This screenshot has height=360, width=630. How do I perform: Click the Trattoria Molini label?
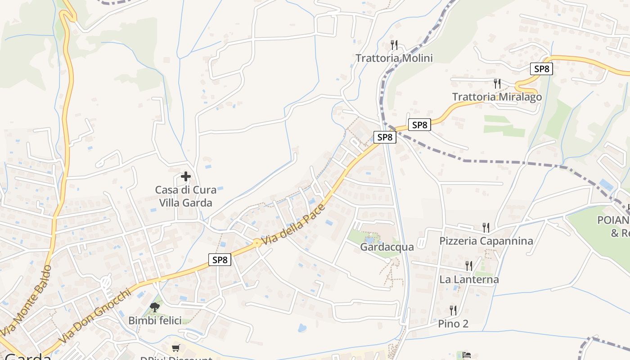coord(394,58)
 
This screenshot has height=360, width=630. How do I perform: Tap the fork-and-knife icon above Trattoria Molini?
coord(394,45)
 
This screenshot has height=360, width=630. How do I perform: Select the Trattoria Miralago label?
coord(497,97)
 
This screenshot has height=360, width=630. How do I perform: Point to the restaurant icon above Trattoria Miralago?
coord(497,83)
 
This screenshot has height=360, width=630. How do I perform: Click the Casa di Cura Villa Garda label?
coord(185,196)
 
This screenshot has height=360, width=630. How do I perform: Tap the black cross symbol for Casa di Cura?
coord(185,176)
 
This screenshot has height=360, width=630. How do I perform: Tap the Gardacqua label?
coord(380,247)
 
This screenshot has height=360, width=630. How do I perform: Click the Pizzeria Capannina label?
coord(486,241)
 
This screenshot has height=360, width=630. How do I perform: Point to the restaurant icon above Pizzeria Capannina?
coord(486,227)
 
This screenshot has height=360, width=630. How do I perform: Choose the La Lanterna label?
coord(469,279)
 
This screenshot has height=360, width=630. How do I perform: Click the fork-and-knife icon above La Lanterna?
coord(469,266)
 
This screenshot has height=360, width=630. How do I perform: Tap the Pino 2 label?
coord(453,324)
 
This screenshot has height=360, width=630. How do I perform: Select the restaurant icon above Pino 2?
coord(453,310)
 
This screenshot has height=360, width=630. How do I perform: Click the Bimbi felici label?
coord(155,320)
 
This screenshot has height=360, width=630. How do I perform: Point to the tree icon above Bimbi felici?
coord(155,307)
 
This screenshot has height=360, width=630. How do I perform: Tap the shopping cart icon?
coord(175,348)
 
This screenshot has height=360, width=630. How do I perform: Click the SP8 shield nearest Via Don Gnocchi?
coord(220,260)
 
